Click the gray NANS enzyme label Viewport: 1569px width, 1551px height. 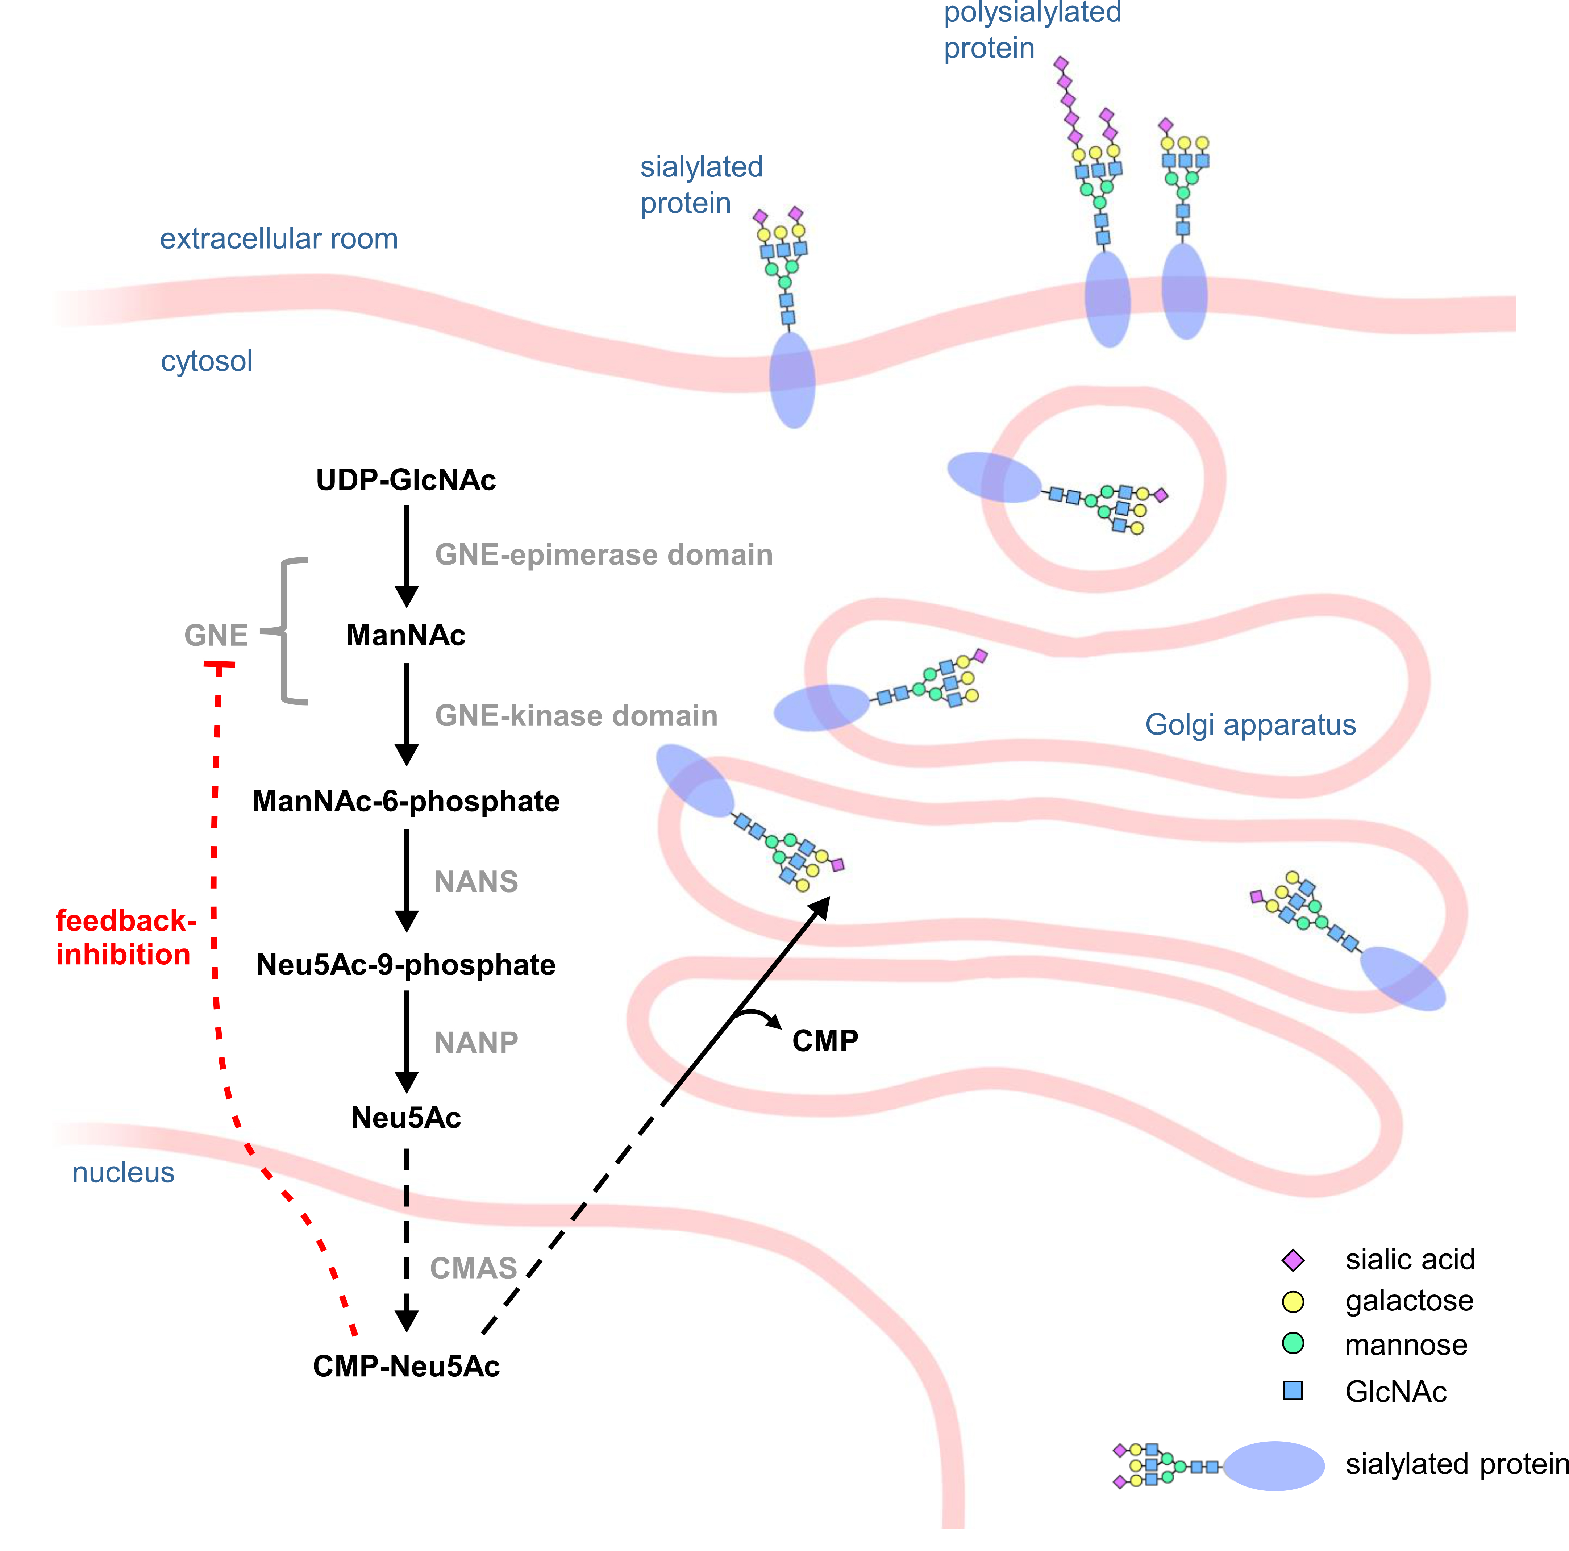tap(476, 882)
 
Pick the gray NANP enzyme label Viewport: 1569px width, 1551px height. tap(476, 1043)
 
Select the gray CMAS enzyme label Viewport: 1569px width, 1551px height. tap(474, 1268)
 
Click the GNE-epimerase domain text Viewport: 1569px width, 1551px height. tap(603, 554)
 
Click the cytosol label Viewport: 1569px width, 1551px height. tap(206, 361)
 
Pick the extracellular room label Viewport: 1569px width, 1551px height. tap(279, 239)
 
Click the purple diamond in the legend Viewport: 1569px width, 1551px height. tap(1293, 1260)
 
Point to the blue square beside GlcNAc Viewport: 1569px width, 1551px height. tap(1293, 1391)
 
